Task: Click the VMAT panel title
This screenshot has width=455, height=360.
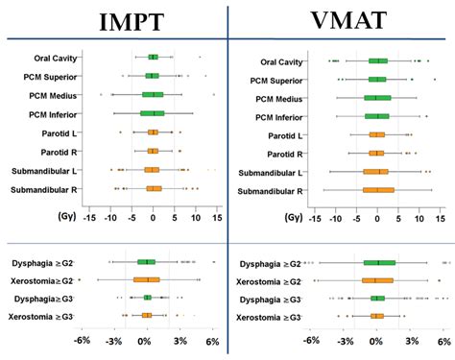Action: [x=336, y=21]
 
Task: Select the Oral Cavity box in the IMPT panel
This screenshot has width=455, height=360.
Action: [x=153, y=58]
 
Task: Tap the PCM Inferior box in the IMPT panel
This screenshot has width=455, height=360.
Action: [x=153, y=113]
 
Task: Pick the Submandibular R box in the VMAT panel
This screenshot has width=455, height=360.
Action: [x=378, y=190]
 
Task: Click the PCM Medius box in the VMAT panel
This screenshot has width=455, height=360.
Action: [x=377, y=98]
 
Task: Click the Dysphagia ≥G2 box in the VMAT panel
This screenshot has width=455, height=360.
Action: [x=379, y=262]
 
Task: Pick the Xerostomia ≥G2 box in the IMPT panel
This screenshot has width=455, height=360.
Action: [x=147, y=279]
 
